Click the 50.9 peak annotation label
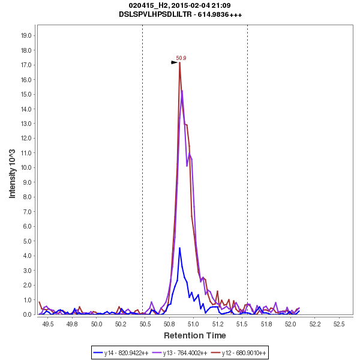point(181,58)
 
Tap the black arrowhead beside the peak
point(175,62)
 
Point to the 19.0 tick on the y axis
point(26,35)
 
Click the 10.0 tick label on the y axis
point(26,167)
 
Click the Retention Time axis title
point(195,335)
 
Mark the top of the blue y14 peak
point(179,248)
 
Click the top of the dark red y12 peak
point(179,62)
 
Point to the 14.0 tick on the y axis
point(26,109)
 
